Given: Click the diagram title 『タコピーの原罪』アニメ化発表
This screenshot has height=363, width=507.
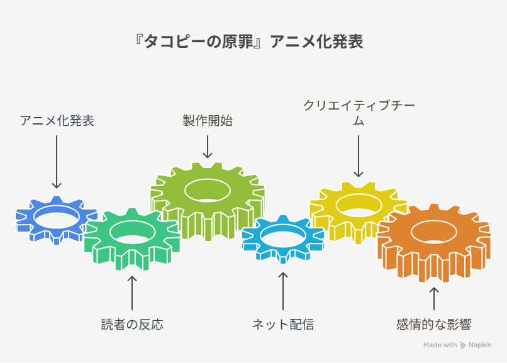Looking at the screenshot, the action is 248,42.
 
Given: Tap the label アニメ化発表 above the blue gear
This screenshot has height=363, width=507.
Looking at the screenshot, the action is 57,121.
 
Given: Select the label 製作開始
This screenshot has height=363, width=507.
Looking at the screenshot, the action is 208,121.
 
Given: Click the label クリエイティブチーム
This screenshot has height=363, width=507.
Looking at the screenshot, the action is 359,113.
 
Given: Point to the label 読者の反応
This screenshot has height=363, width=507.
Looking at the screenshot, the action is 132,324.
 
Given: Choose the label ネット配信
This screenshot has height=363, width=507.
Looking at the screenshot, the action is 283,324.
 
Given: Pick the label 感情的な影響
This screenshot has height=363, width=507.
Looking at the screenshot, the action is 434,324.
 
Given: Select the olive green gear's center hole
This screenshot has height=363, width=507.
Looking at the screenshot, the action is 208,191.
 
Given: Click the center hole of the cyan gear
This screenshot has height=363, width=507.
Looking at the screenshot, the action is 283,237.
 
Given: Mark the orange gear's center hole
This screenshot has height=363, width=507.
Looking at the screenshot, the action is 434,232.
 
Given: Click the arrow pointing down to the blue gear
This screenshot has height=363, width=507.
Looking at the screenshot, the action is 57,162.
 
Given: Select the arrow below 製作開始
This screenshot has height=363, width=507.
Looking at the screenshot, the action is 208,147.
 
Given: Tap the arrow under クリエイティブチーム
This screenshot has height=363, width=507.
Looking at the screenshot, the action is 359,156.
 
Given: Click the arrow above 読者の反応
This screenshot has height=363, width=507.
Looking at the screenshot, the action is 132,293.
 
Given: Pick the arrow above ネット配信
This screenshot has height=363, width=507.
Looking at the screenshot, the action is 283,291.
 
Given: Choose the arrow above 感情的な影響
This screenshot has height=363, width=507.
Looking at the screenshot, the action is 434,299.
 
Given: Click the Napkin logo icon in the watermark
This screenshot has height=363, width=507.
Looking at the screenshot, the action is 463,345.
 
